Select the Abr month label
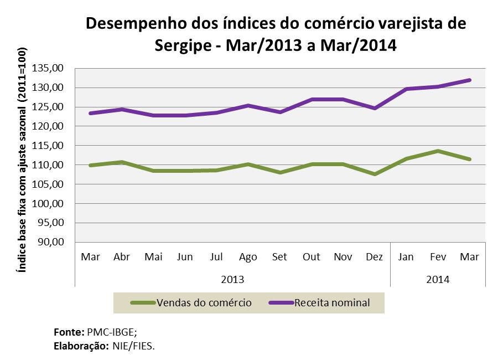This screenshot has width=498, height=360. [x=122, y=257]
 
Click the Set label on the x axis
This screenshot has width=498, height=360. [x=280, y=257]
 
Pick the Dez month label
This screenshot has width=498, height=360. [x=375, y=257]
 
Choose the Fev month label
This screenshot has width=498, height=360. [x=438, y=257]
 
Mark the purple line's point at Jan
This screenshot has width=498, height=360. [x=406, y=89]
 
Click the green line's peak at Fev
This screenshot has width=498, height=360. [x=438, y=151]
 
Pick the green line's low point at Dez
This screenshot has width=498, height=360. [x=375, y=174]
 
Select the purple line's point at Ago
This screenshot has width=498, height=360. [x=248, y=105]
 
